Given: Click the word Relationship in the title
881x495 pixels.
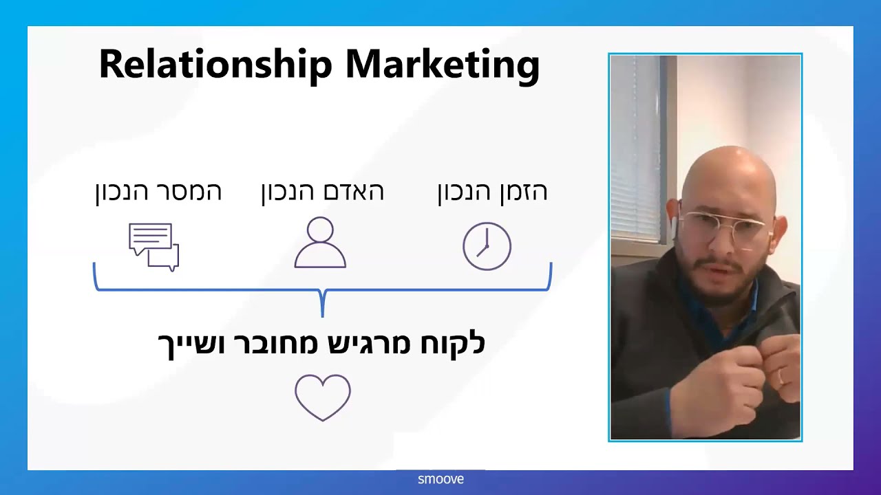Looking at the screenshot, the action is (215, 65).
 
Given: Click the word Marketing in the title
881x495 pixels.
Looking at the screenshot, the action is (443, 65).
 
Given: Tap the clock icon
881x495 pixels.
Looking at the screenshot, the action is (487, 246).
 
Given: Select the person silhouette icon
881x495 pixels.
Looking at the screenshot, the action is (320, 243).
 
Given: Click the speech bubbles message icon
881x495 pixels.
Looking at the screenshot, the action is (153, 247).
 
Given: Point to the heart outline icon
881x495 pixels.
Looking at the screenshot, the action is (323, 397).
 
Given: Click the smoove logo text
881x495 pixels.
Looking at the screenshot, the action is (440, 479).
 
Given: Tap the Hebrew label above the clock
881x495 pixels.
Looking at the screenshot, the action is (492, 192).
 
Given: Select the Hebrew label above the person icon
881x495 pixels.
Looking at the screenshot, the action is (323, 192).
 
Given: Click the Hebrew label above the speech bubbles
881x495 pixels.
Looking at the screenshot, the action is (158, 192).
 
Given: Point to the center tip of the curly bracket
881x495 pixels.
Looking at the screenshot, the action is (323, 316).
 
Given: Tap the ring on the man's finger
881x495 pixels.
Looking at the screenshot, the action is (781, 377).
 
